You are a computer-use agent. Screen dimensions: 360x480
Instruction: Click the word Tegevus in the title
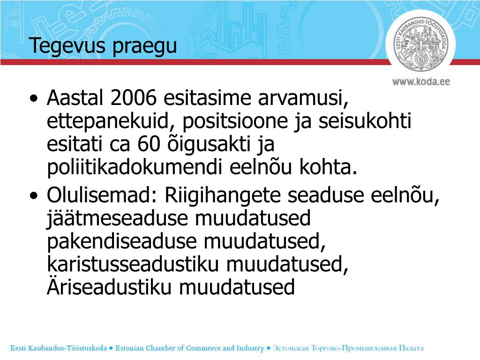tap(61, 46)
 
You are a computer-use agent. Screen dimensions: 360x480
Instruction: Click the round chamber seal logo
tap(420, 45)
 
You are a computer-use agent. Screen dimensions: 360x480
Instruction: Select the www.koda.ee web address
tap(421, 81)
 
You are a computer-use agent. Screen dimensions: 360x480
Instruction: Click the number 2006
tap(133, 98)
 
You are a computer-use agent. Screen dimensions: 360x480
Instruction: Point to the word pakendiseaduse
tap(122, 242)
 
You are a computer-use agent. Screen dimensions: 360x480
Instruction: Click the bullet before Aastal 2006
tap(34, 99)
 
